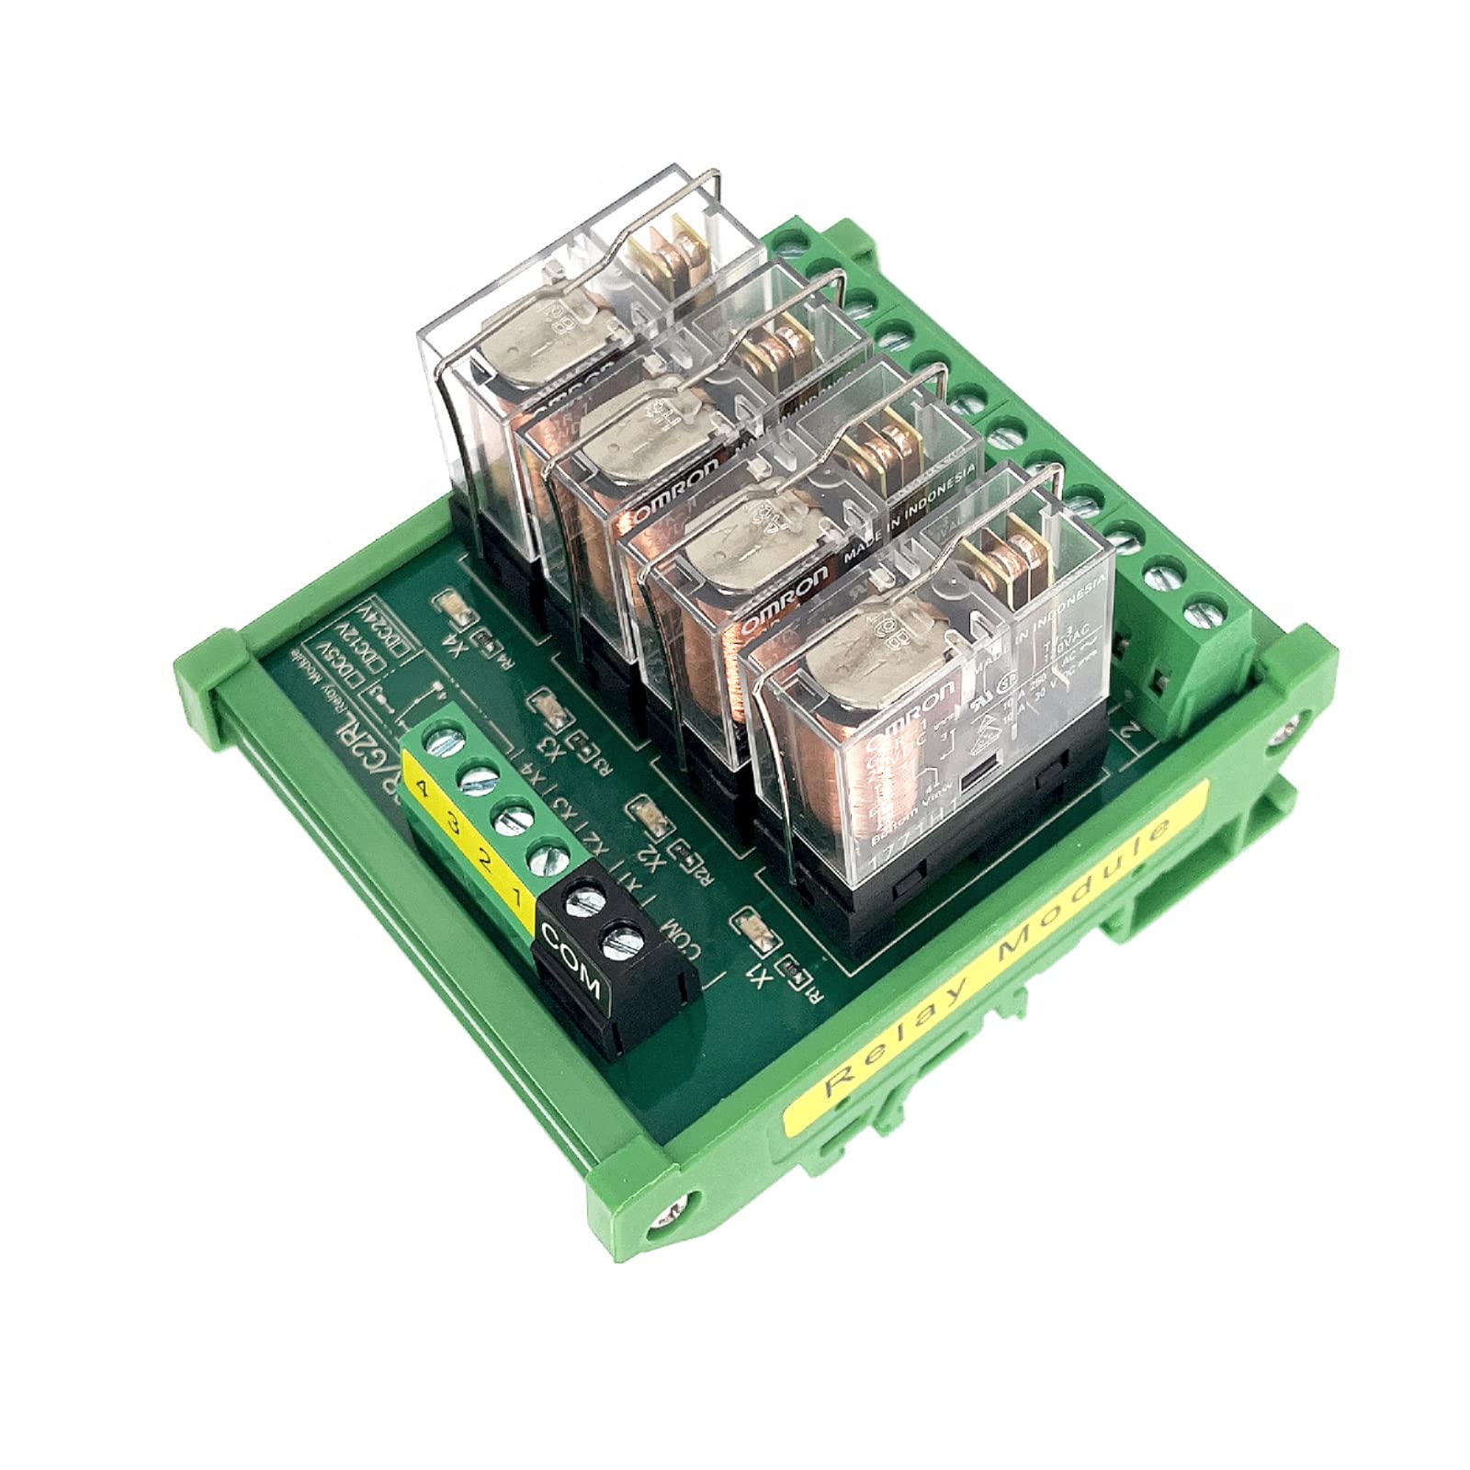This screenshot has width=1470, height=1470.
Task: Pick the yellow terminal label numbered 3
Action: [x=451, y=822]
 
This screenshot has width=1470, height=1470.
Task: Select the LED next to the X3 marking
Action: [x=542, y=707]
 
